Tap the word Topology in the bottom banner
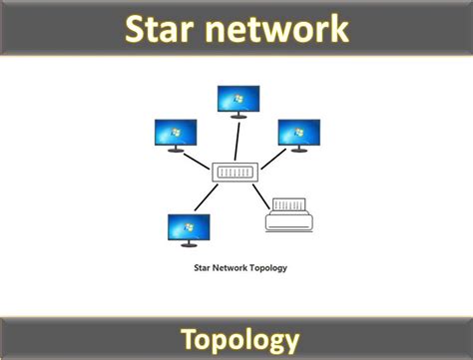click(239, 338)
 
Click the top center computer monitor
click(238, 100)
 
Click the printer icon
click(290, 215)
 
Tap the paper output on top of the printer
click(290, 205)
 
